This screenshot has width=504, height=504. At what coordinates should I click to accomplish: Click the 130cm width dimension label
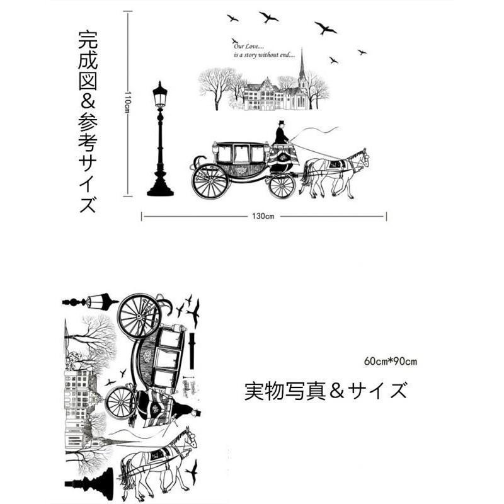[263, 216]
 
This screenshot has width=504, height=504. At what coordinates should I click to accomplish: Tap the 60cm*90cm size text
[390, 361]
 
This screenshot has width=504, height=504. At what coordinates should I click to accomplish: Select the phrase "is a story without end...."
[264, 55]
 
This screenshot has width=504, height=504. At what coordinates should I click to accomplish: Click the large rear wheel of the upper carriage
[210, 181]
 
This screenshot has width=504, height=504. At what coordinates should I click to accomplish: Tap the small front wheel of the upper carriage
[282, 185]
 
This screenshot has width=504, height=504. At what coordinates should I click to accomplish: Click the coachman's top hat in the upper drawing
[282, 122]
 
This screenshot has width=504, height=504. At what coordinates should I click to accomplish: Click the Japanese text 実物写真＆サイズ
[325, 391]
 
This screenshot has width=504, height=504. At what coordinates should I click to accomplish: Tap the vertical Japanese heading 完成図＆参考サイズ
[88, 122]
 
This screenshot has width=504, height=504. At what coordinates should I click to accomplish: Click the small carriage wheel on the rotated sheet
[121, 403]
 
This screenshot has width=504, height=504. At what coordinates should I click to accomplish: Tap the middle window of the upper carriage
[241, 153]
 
